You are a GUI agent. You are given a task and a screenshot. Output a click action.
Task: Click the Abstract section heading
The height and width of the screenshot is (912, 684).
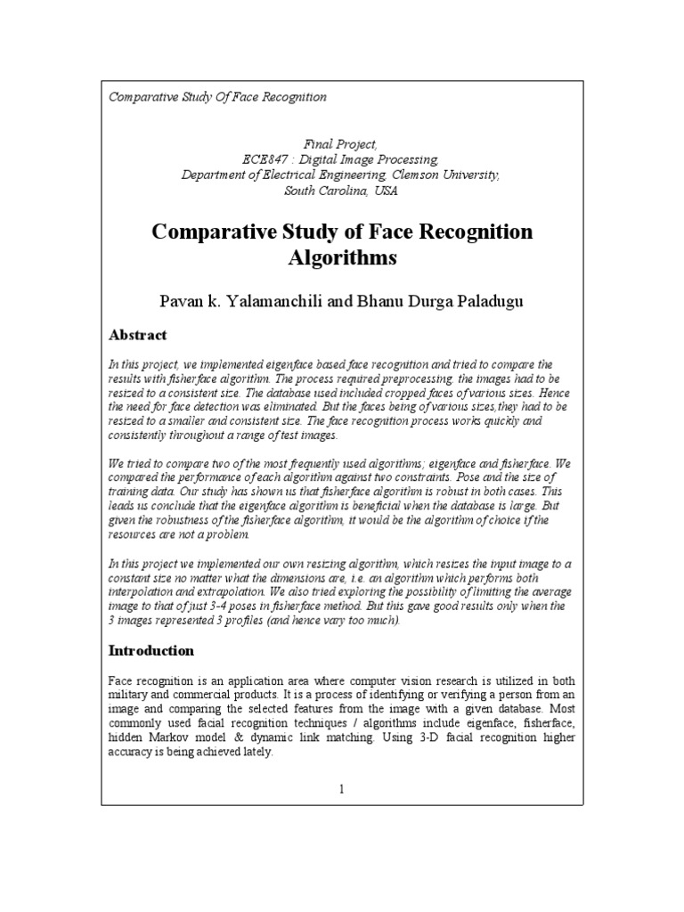tap(137, 336)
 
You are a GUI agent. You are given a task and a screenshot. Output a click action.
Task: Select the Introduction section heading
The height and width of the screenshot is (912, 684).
tap(151, 650)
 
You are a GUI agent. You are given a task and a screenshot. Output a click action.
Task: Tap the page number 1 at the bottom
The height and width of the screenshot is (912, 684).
tap(341, 789)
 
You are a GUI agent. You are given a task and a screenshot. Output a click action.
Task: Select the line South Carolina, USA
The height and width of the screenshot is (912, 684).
tap(341, 191)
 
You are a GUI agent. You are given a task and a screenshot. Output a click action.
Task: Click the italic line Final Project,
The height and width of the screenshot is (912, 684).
tap(341, 143)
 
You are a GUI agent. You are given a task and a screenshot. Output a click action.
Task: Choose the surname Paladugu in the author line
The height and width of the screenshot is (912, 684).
tap(482, 302)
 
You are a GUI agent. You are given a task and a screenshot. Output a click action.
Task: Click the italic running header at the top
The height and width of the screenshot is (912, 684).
tap(217, 96)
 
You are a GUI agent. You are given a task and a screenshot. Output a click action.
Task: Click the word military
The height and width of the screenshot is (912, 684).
tap(131, 692)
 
